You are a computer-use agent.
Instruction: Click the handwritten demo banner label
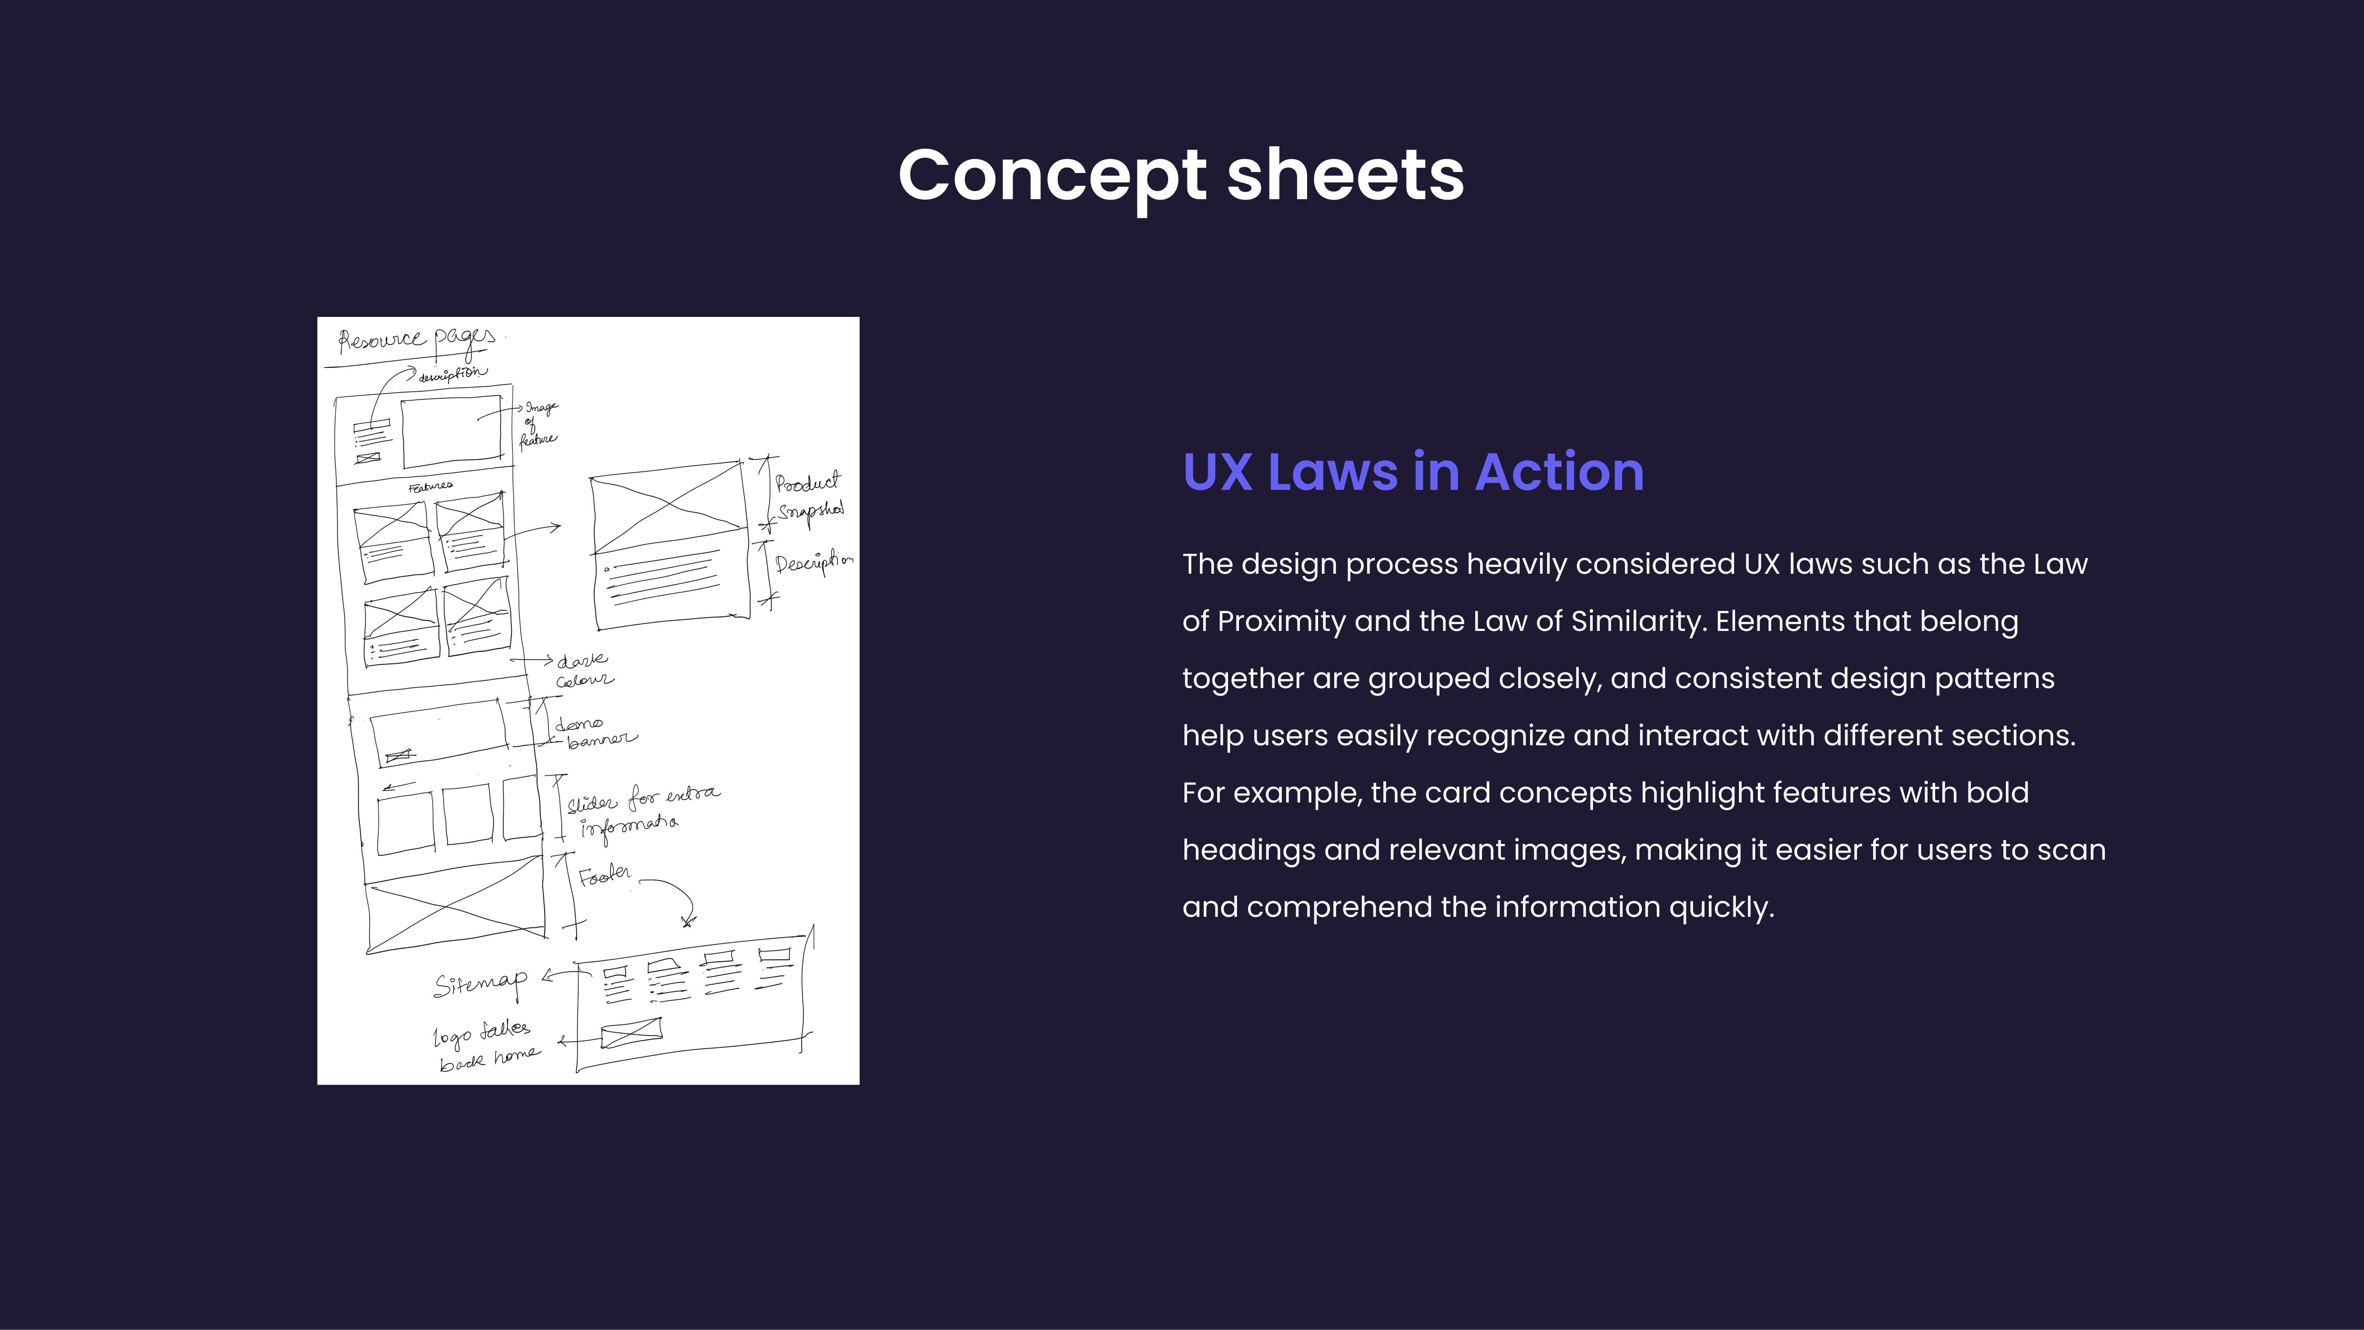(595, 731)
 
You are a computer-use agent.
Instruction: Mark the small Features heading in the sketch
(430, 487)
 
